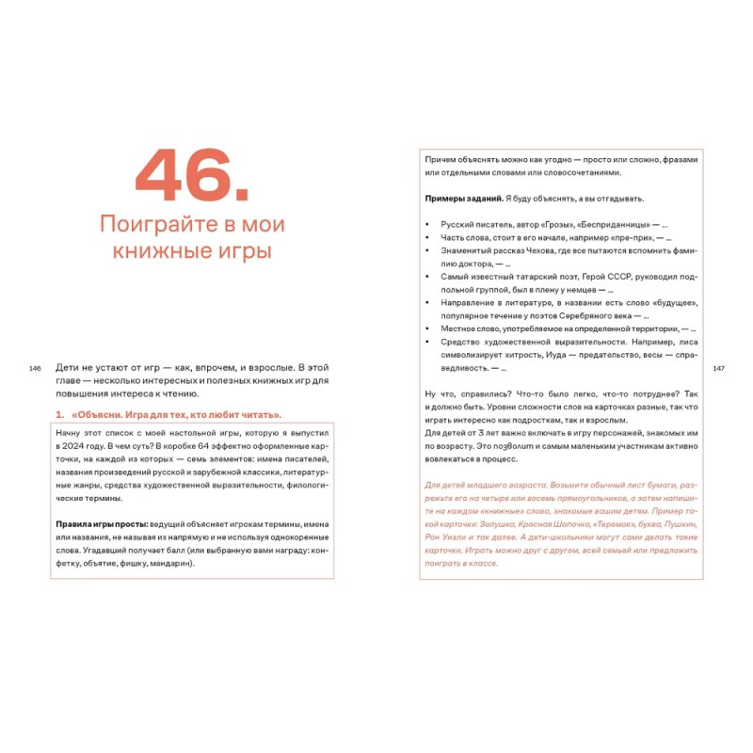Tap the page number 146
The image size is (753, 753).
(x=36, y=368)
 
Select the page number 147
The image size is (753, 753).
(x=717, y=368)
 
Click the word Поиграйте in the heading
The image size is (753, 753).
(x=155, y=226)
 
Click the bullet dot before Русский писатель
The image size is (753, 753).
(x=428, y=225)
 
